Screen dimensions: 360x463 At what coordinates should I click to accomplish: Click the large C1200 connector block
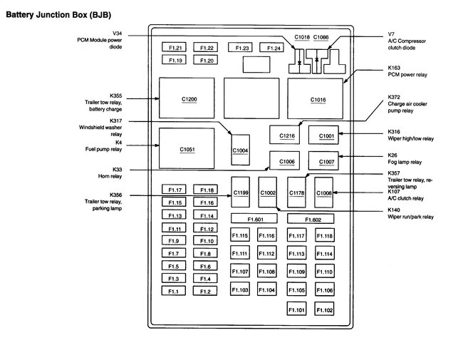(x=189, y=98)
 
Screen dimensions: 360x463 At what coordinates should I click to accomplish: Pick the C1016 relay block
(x=318, y=99)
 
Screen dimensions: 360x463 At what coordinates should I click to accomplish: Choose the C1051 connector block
(x=187, y=150)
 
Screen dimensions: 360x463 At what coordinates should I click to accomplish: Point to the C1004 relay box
(x=240, y=150)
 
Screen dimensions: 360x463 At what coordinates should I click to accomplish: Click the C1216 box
(x=287, y=135)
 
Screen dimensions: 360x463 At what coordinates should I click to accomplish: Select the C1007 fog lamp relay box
(x=326, y=161)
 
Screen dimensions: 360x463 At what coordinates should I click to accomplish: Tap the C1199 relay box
(x=241, y=192)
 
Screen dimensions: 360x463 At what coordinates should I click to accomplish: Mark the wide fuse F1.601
(x=255, y=219)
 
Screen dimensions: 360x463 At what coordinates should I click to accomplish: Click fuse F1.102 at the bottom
(x=325, y=310)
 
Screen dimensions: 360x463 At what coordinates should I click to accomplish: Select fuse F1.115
(x=240, y=235)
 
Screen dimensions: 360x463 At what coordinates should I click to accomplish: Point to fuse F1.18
(x=207, y=190)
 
